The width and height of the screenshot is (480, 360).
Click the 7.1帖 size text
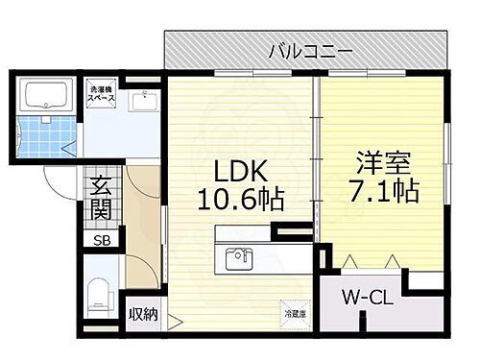385,190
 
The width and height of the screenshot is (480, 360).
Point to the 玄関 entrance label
101,196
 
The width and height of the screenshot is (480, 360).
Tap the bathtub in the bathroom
46,96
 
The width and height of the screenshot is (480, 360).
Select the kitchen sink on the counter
237,258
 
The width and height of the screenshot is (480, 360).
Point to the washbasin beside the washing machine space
147,99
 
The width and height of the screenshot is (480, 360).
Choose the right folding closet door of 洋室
393,258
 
